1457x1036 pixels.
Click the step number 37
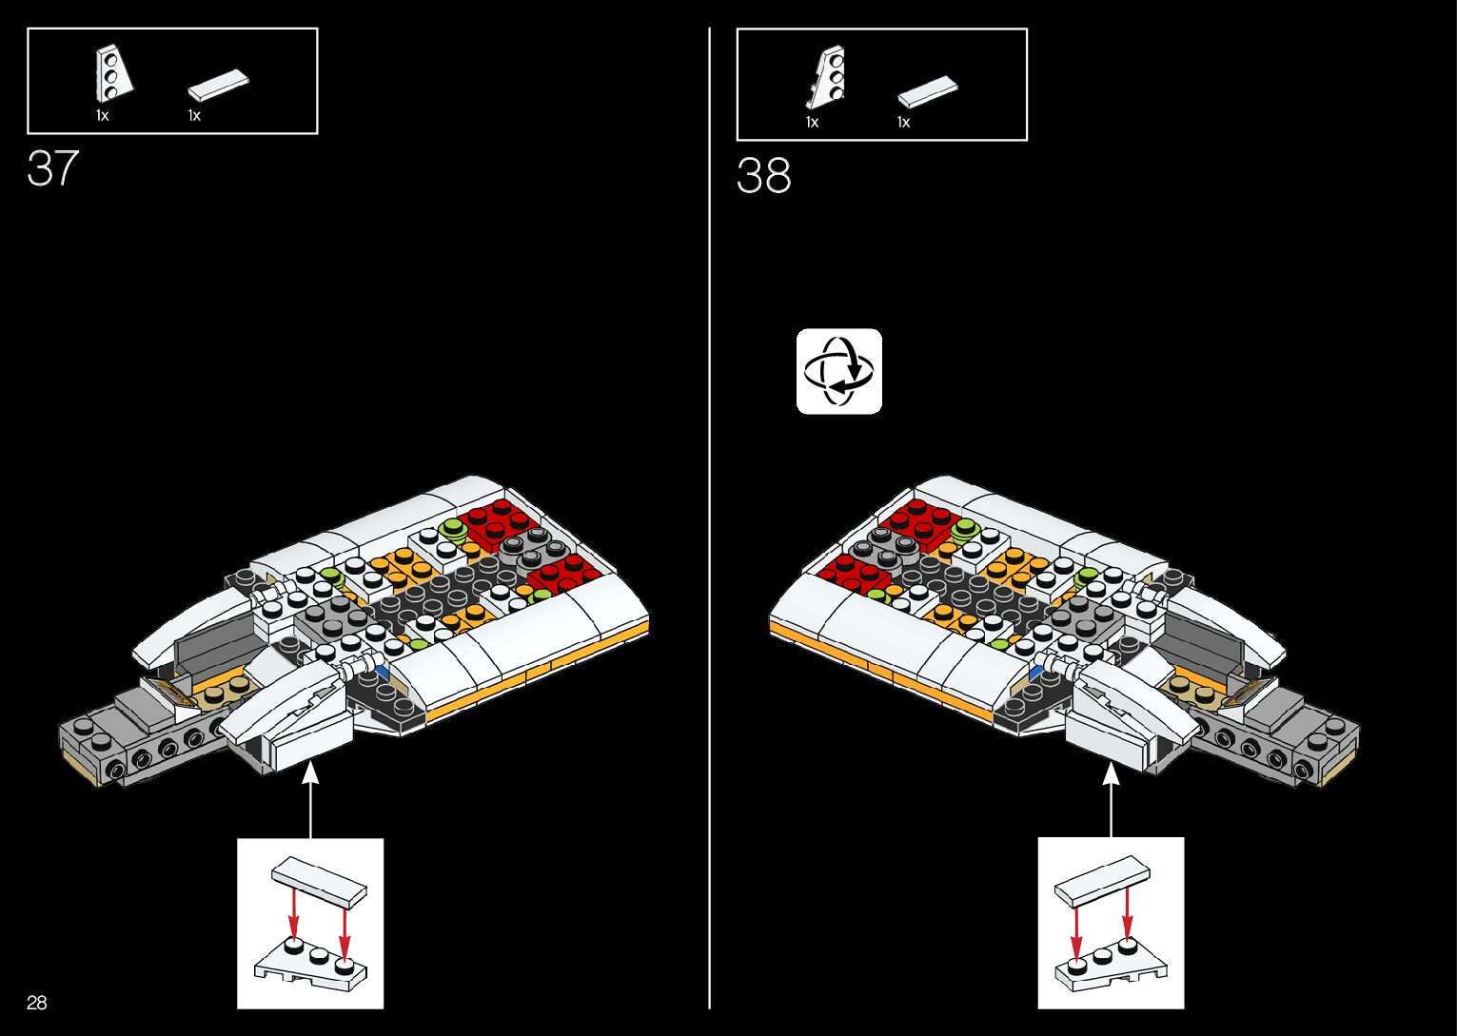(x=52, y=168)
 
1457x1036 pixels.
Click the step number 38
(x=763, y=176)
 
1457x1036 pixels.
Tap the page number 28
(x=37, y=1003)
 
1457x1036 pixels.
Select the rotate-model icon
(x=838, y=371)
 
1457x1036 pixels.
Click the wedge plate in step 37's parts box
(x=112, y=74)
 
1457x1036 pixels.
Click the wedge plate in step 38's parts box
(x=827, y=77)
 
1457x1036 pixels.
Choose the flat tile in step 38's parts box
(x=927, y=90)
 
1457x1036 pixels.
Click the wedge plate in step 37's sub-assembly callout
(x=310, y=961)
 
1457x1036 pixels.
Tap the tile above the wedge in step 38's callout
(x=1102, y=879)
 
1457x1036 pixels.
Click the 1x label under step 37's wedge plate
(x=102, y=115)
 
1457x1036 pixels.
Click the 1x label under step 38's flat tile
(x=903, y=122)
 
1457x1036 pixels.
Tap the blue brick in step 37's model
(x=383, y=672)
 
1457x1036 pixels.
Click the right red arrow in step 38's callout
(x=1128, y=914)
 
